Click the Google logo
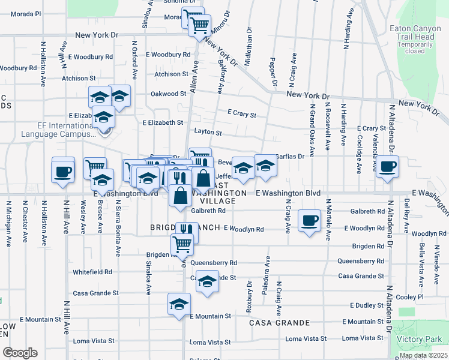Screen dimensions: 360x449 pos(20,353)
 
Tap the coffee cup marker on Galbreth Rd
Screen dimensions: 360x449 pos(309,221)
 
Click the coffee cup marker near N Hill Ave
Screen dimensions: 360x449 pos(63,172)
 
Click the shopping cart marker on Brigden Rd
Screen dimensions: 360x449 pos(181,244)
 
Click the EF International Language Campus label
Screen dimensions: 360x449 pos(50,130)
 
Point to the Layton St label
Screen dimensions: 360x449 pos(208,132)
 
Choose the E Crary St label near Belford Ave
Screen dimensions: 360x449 pos(242,113)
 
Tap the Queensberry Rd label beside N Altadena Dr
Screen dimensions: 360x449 pos(360,261)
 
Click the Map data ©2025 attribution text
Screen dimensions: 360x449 pos(423,355)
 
